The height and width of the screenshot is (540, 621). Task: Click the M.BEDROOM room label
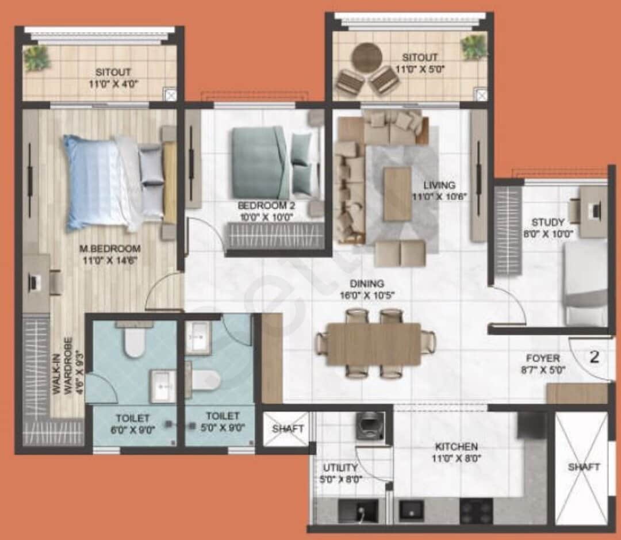(110, 248)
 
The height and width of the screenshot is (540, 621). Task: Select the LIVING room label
(439, 185)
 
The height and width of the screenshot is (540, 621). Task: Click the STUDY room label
(547, 222)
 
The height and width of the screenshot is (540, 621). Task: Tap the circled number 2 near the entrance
(595, 357)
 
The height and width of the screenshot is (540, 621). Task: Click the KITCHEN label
(456, 446)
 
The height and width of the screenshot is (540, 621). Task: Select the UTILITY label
(340, 468)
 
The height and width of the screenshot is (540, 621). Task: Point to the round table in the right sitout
(367, 57)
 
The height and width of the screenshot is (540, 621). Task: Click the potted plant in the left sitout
(37, 58)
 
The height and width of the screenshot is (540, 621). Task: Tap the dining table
(374, 344)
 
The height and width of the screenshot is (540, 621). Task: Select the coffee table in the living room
(397, 194)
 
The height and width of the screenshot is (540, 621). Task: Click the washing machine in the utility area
(370, 426)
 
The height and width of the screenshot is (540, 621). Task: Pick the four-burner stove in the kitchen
(476, 510)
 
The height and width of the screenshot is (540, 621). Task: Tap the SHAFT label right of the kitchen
(584, 467)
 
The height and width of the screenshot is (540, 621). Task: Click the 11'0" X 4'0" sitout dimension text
(113, 83)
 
